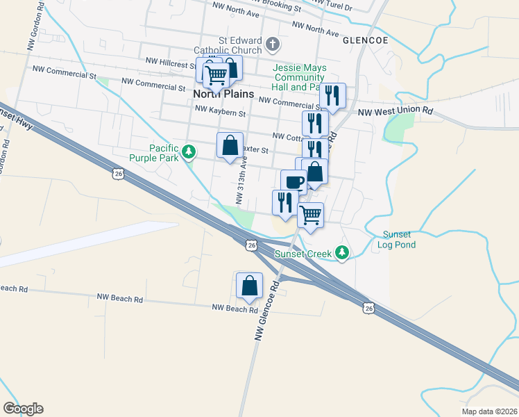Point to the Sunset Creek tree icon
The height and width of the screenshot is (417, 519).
click(x=341, y=253)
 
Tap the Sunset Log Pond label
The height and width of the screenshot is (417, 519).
click(x=397, y=239)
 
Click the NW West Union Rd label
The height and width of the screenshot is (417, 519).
click(x=395, y=111)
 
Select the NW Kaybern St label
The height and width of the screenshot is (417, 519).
click(x=220, y=110)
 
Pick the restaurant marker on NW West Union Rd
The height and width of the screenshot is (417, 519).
click(x=332, y=96)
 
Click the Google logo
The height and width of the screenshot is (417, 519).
click(x=23, y=409)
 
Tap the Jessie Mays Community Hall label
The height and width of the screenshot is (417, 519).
click(x=299, y=78)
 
